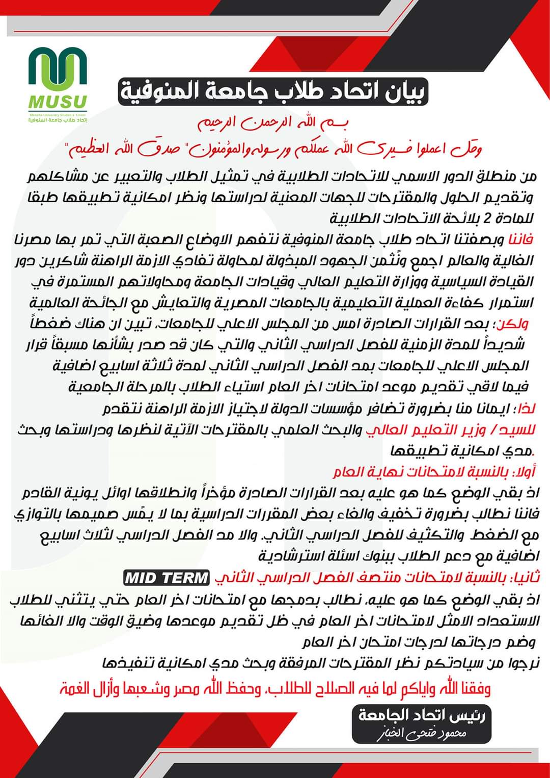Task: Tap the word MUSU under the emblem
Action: (x=58, y=102)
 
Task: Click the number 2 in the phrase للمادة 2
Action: (x=486, y=219)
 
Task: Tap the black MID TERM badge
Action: (x=167, y=578)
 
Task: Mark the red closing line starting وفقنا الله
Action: (x=275, y=689)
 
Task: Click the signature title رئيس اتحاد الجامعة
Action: (x=422, y=716)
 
